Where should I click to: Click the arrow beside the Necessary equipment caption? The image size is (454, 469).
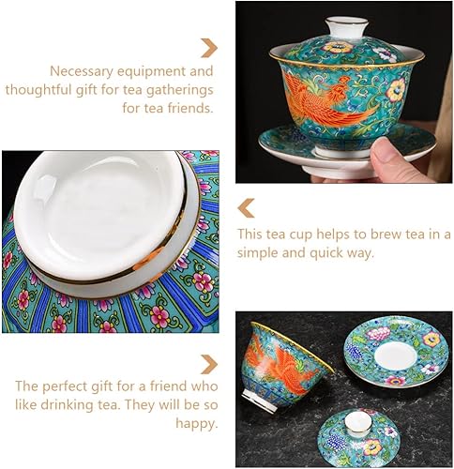tap(209, 47)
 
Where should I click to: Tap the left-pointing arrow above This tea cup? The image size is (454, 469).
tap(246, 207)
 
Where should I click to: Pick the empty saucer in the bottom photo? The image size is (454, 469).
tap(395, 348)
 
